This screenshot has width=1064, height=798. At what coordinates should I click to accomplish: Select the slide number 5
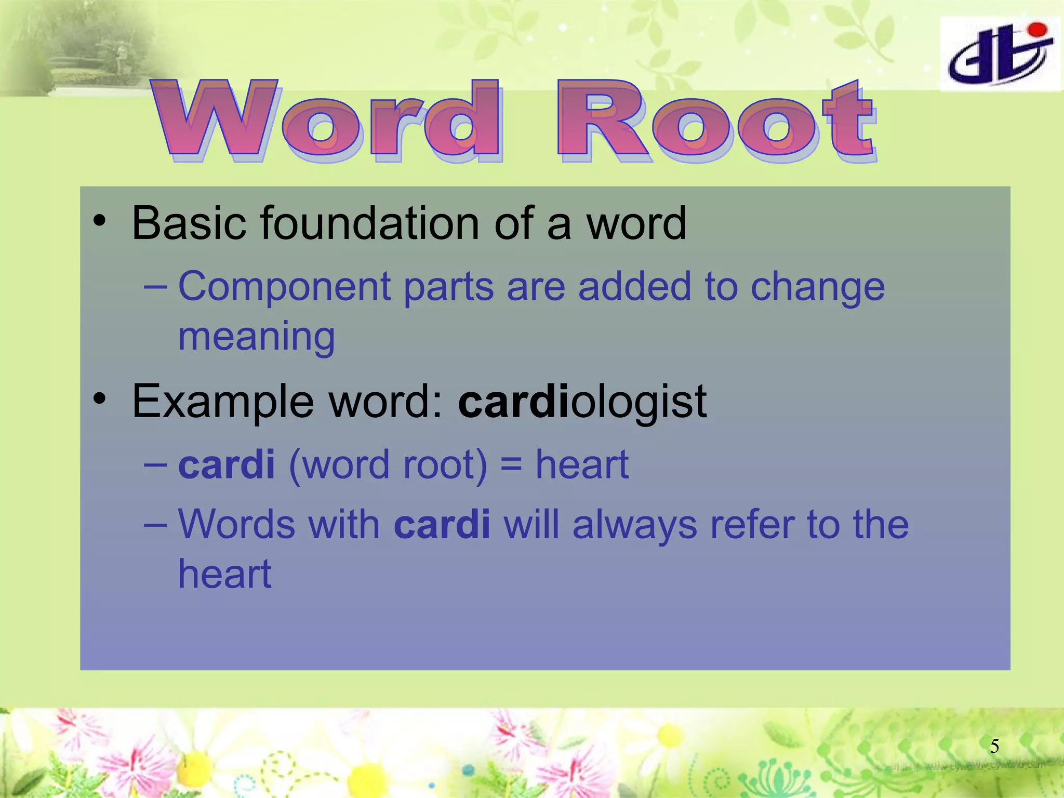[994, 747]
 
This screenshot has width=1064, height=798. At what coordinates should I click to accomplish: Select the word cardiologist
[582, 401]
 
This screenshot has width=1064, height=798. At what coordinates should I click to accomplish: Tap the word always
[634, 525]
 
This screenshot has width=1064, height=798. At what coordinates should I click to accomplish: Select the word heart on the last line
[225, 574]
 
